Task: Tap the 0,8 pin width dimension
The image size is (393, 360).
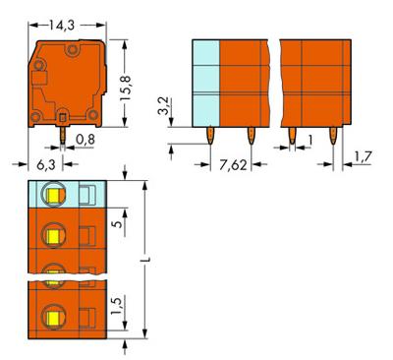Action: point(85,139)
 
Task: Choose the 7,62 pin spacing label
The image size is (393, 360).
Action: point(233,162)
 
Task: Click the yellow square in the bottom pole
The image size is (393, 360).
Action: point(48,317)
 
